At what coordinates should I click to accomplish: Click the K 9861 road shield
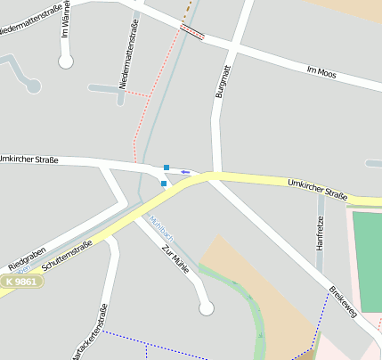[21, 282]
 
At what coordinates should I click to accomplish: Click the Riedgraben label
[26, 260]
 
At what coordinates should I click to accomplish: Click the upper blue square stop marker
[167, 167]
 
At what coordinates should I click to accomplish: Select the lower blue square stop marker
[164, 184]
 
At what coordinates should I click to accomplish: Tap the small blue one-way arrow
[185, 171]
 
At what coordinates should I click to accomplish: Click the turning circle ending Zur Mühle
[207, 308]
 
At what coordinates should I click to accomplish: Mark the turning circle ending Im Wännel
[65, 61]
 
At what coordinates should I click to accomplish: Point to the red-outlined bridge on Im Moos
[191, 32]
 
